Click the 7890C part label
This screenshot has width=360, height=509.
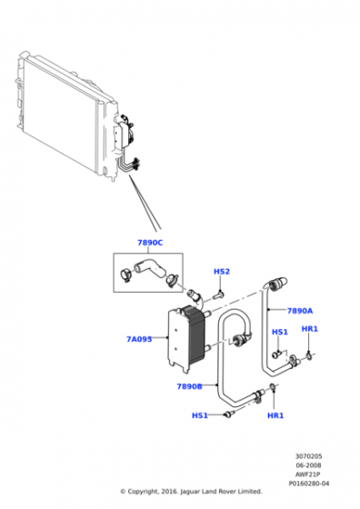(150, 243)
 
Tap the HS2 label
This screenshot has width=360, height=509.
(222, 272)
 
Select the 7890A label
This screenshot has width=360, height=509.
(300, 310)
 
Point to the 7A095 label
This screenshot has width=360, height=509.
(139, 339)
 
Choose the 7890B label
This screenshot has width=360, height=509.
(189, 385)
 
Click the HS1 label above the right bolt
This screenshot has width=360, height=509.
(280, 332)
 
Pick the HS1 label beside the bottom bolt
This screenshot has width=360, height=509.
(200, 415)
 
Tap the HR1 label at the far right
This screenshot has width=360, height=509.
(309, 328)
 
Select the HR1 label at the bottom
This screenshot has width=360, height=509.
(276, 415)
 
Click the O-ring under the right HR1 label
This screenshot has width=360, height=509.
(310, 353)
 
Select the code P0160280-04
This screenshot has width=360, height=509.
(310, 483)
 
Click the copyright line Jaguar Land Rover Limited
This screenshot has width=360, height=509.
(191, 491)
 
